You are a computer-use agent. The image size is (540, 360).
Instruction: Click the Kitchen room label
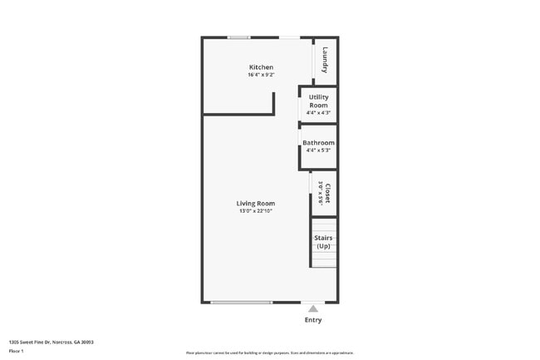261,67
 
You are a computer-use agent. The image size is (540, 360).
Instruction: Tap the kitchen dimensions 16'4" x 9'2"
261,75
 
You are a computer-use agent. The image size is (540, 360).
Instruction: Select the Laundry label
326,58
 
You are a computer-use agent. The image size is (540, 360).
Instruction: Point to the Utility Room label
318,101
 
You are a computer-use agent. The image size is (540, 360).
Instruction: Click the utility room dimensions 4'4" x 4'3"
318,112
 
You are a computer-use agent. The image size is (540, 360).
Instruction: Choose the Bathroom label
318,143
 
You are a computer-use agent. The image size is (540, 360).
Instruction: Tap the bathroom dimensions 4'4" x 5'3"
318,150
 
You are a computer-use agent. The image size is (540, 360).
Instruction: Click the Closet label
327,194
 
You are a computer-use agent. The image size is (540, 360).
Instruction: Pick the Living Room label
255,203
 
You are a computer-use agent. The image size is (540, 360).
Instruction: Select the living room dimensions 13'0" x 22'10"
255,211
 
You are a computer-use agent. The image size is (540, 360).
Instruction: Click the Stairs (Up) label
323,242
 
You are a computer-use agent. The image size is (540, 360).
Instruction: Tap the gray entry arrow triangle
312,308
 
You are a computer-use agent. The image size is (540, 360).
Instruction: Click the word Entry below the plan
312,320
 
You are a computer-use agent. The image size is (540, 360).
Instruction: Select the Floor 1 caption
17,351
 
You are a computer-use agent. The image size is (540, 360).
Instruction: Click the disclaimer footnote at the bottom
270,353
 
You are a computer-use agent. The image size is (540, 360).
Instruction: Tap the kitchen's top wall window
239,37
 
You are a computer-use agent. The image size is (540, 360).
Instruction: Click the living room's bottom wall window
241,302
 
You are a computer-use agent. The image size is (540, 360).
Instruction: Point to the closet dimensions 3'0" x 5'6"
320,194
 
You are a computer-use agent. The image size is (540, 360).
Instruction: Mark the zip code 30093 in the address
87,342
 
